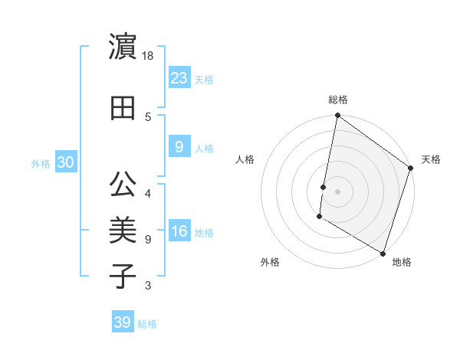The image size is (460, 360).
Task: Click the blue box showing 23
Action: click(179, 78)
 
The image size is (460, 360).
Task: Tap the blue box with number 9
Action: click(179, 147)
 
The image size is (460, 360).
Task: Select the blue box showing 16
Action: click(179, 231)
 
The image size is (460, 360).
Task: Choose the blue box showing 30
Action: click(65, 162)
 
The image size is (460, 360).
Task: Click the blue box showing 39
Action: click(123, 322)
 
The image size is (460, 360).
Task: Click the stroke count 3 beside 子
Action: click(148, 286)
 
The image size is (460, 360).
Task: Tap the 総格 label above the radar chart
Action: click(338, 100)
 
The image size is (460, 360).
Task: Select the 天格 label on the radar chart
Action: click(431, 159)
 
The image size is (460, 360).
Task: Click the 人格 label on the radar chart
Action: click(245, 159)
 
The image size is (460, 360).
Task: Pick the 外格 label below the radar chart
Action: click(270, 262)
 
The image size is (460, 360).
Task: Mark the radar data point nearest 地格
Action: click(383, 253)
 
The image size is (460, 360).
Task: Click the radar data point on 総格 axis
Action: click(337, 116)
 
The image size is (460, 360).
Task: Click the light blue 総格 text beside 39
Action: click(148, 324)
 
